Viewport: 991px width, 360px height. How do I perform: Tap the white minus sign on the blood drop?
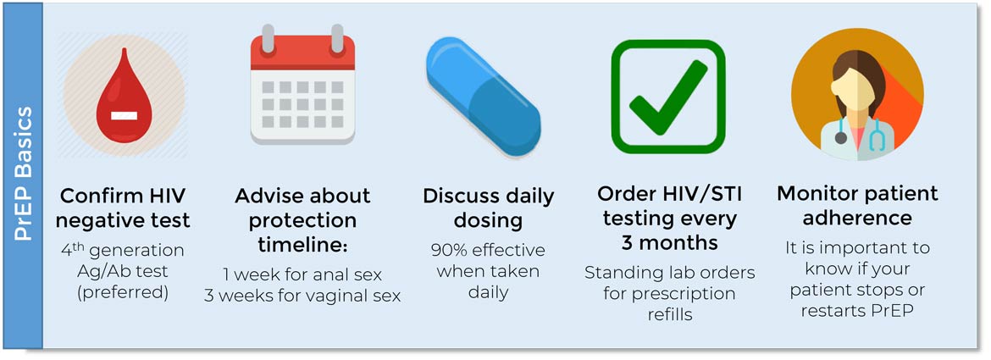(125, 116)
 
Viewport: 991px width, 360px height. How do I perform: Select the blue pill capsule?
(483, 95)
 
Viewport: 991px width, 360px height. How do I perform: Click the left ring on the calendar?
(268, 40)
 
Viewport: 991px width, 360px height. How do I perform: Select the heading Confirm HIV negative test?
(124, 208)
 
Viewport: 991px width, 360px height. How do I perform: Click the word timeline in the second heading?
(302, 246)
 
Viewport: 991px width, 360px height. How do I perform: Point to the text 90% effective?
(488, 250)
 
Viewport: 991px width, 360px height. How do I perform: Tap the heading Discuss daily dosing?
(488, 208)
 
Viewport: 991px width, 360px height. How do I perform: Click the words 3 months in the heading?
(669, 242)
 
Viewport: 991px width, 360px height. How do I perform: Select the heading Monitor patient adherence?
(858, 206)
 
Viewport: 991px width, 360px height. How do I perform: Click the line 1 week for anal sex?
(302, 274)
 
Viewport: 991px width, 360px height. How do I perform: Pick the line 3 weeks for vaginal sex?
(302, 296)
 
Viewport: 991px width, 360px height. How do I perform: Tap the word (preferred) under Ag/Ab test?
(124, 293)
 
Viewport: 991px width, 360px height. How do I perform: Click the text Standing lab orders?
(669, 273)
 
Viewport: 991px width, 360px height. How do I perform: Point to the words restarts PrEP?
(857, 312)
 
